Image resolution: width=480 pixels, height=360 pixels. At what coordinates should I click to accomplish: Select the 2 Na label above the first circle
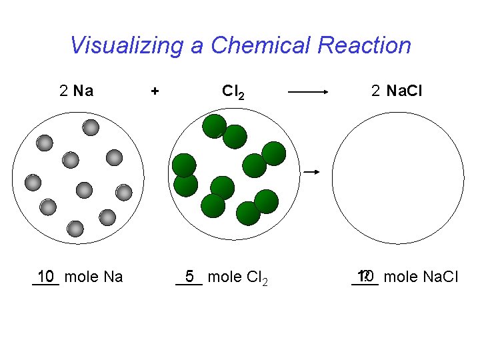click(76, 91)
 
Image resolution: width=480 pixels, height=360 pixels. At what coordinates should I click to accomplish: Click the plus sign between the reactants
click(155, 91)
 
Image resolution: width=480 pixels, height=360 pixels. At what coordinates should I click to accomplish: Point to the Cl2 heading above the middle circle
click(233, 91)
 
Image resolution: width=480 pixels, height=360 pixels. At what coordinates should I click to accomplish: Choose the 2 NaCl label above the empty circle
click(397, 91)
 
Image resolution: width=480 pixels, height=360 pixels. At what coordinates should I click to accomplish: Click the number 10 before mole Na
click(46, 276)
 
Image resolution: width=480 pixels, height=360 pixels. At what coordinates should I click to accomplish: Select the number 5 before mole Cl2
click(189, 276)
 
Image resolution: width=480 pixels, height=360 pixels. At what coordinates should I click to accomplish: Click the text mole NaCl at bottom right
click(421, 276)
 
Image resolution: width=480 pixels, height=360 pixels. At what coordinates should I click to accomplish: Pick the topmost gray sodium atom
click(91, 127)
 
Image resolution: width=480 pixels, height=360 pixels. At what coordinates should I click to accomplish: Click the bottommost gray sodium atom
click(76, 229)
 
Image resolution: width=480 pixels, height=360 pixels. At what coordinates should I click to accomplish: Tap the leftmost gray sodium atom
click(33, 181)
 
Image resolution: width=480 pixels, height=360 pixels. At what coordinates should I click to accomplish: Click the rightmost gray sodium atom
click(124, 193)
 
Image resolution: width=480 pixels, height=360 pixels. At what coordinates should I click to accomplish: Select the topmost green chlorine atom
click(215, 126)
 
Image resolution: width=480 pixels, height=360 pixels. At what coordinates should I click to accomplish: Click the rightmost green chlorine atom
click(274, 153)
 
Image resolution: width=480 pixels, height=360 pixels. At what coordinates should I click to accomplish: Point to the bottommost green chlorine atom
click(249, 213)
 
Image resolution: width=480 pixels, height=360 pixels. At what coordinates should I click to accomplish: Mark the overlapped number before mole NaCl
click(365, 276)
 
